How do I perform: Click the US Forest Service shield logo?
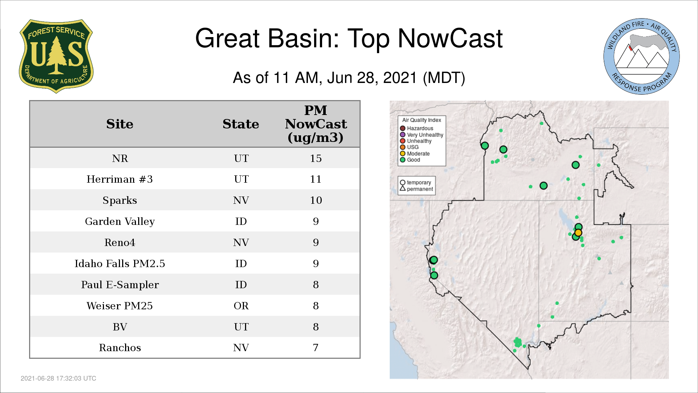tap(56, 56)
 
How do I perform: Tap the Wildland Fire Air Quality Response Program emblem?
tap(641, 56)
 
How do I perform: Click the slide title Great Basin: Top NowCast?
tap(349, 38)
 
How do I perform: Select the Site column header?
tap(120, 124)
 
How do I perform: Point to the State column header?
tap(241, 124)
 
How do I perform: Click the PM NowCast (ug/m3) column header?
tap(316, 124)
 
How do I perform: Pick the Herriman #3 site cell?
tap(120, 179)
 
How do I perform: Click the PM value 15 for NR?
tap(316, 158)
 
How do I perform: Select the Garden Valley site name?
tap(120, 222)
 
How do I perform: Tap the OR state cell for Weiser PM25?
tap(241, 306)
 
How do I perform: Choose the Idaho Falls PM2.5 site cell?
tap(120, 263)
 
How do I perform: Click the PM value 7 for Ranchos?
tap(316, 348)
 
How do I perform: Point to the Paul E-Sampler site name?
tap(120, 285)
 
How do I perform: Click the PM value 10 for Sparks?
tap(316, 200)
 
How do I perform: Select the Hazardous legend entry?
tap(417, 128)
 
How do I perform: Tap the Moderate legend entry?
tap(415, 154)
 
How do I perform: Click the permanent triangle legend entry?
tap(416, 189)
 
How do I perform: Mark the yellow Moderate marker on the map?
tap(578, 233)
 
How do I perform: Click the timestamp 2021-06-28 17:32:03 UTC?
tap(59, 378)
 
